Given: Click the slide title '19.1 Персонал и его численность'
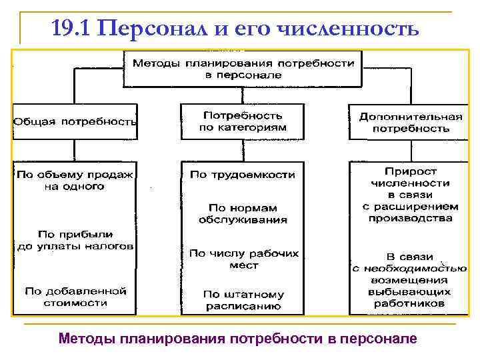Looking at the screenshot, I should [235, 29].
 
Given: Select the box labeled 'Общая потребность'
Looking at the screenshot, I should [75, 122].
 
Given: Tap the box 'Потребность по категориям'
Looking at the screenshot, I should [243, 121].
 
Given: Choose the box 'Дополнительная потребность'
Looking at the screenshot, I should [410, 121].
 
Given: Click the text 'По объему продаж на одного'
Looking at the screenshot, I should [75, 181].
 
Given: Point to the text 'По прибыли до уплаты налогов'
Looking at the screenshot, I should [75, 240].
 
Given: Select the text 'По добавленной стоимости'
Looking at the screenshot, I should [75, 297].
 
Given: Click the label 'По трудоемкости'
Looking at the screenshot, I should [243, 175].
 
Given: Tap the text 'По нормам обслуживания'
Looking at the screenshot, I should [243, 213].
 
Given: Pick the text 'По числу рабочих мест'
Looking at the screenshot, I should [243, 259].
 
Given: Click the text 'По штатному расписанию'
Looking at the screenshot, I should [243, 301].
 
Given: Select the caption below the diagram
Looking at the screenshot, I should [237, 338].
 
